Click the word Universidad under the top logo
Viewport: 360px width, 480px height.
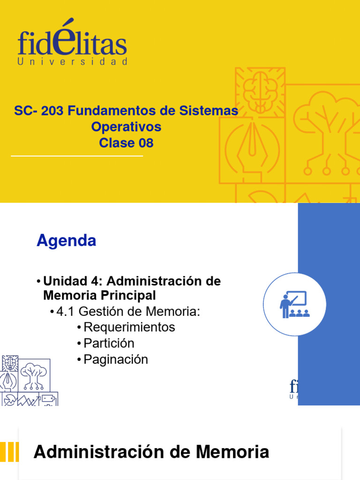coord(72,62)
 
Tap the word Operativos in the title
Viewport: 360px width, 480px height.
coord(126,127)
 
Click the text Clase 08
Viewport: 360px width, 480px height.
coord(126,142)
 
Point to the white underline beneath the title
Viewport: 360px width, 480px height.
coord(76,156)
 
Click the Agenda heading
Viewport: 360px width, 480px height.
coord(66,240)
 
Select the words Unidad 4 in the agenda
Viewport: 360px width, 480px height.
coord(73,281)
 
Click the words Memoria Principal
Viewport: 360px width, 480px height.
coord(99,296)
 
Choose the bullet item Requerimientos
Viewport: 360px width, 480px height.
coord(129,327)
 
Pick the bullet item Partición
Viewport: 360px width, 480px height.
coord(109,343)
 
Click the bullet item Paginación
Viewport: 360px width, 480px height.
coord(115,360)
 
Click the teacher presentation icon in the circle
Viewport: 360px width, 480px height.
coord(294,304)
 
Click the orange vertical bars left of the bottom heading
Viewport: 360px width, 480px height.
coord(9,452)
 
